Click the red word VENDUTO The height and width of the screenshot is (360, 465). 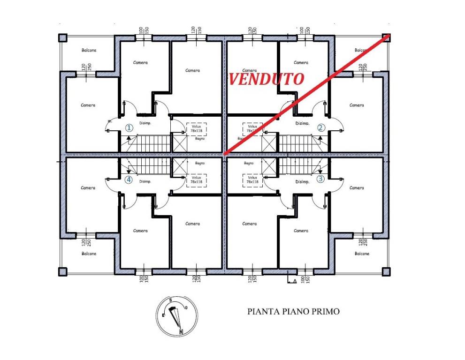pos(266,79)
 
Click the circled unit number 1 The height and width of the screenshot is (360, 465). pos(130,127)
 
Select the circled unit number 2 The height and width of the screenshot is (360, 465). pos(320,127)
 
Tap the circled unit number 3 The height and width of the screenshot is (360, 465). pos(320,179)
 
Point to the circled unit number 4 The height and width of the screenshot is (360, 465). pos(130,179)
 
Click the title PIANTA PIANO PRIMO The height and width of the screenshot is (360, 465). pos(293,311)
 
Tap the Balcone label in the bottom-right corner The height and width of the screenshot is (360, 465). pos(361,254)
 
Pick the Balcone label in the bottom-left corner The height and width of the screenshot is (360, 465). pos(89,254)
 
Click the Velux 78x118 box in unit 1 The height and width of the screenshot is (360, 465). pos(196,128)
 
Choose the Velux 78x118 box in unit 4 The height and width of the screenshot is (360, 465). pos(196,180)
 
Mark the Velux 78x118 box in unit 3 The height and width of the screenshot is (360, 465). pos(252,180)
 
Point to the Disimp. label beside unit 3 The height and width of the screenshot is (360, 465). pos(302,181)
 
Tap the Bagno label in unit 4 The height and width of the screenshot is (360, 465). pos(199,163)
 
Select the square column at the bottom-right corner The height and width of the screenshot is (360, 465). pos(386,271)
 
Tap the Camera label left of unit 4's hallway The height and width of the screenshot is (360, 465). pos(88,188)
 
